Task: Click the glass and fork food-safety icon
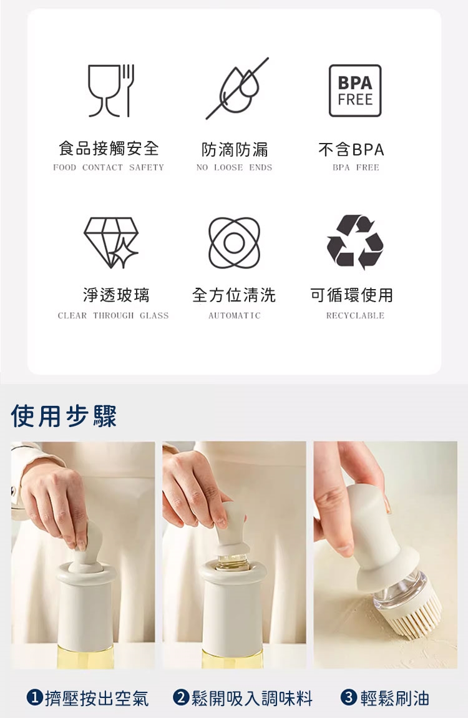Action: pos(111,91)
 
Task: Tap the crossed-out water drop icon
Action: pos(237,89)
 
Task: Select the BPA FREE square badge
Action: pos(355,91)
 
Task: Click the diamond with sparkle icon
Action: pos(111,242)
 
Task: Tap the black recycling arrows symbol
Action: pos(355,242)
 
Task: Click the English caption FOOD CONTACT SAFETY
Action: pos(109,167)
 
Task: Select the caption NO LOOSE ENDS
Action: pos(234,167)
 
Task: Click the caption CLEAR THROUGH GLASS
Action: pos(113,315)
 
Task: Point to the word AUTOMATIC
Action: pos(234,315)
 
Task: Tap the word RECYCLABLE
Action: pos(355,315)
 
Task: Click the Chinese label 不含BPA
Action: pos(351,149)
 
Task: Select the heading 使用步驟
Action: pos(64,416)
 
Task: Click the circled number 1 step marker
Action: pos(35,698)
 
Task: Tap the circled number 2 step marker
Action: pos(181,698)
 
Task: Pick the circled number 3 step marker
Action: pos(349,698)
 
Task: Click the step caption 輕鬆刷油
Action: pos(395,698)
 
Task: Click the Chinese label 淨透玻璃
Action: pos(116,295)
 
